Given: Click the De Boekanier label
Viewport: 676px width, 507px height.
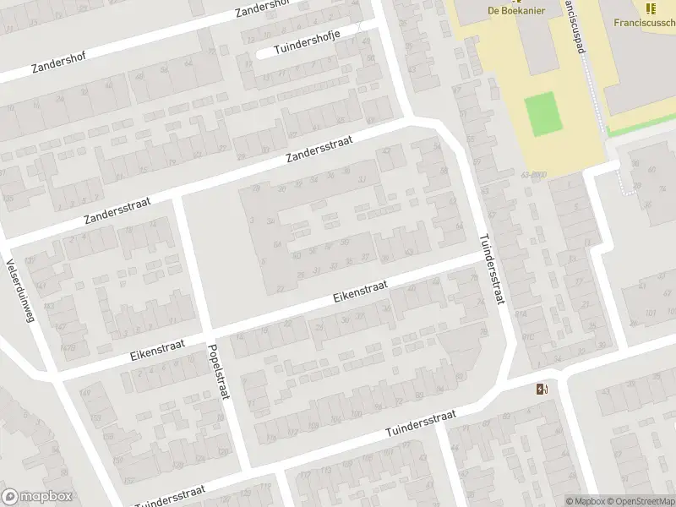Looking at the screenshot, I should pos(516,10).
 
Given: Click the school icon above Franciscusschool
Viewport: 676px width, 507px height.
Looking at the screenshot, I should pos(650,8).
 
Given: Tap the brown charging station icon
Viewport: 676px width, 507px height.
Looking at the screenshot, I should pos(541,389).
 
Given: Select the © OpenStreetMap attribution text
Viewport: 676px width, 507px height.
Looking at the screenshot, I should pos(639,501).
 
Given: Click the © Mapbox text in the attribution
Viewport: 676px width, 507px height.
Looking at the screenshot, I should pos(585,501).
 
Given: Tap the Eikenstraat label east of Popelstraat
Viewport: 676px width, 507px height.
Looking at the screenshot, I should pos(360,292).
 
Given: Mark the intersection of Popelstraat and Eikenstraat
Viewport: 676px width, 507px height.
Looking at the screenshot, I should pos(209,328).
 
